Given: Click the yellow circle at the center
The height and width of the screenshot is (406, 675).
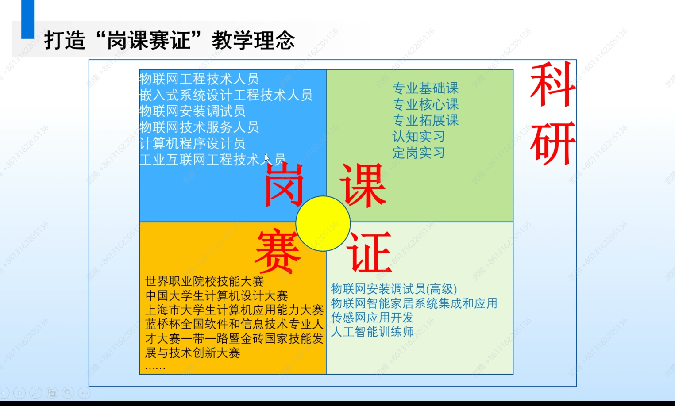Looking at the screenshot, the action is pos(323,223).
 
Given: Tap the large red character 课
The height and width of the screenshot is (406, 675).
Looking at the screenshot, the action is pos(363,185).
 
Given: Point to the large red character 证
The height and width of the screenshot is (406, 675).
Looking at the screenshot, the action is pos(370,252).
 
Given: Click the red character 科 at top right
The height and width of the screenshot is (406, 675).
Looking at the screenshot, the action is pos(553,84).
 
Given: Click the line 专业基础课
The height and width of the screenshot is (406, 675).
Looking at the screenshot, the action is pos(425,88).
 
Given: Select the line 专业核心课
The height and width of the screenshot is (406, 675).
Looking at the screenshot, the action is pos(425,104).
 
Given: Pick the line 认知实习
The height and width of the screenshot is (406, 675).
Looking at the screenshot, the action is pos(419,137).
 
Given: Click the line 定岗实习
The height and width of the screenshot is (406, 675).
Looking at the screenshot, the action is pos(419,153).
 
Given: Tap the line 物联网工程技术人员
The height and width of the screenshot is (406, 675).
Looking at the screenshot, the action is pos(199,79).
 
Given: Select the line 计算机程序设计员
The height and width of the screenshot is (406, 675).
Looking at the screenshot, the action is pos(192,143).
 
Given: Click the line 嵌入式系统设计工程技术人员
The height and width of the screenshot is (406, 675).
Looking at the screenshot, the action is pos(226,95).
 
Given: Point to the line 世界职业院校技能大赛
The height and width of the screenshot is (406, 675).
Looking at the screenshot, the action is pos(204,281).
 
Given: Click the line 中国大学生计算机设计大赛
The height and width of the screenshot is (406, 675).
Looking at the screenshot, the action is pos(216,295).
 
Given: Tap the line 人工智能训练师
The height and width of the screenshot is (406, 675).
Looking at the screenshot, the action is pos(372,332).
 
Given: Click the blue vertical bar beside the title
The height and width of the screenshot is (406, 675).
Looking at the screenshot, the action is pos(28,19).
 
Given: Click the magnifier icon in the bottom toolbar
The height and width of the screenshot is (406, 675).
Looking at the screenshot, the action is pos(68,393).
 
